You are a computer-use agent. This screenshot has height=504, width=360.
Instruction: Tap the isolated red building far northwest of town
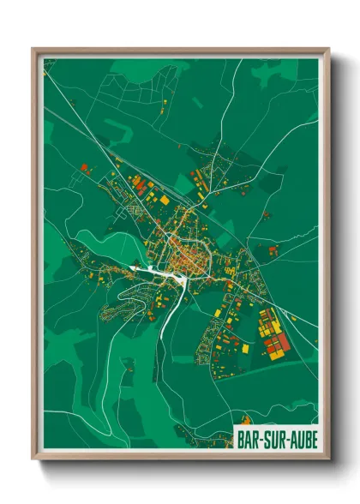[x=83, y=167]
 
